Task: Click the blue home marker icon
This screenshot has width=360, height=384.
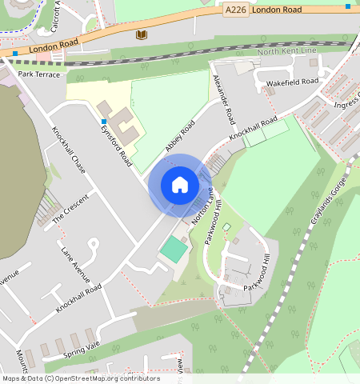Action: (180, 185)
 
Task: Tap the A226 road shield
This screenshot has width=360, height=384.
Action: (235, 10)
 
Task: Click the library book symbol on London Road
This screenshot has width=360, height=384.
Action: (142, 34)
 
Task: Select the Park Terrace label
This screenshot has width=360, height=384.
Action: (39, 74)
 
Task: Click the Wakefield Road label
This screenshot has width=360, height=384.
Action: (292, 82)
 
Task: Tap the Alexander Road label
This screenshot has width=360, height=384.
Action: (224, 99)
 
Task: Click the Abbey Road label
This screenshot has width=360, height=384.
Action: (180, 135)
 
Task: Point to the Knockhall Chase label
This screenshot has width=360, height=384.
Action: (68, 150)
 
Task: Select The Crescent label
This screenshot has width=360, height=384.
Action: (70, 209)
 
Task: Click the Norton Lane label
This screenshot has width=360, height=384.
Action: (203, 206)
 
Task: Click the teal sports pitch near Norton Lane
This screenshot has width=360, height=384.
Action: (173, 249)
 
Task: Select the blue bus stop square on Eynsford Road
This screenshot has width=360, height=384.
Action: (104, 122)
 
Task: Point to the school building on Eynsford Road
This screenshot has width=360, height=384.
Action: (118, 120)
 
